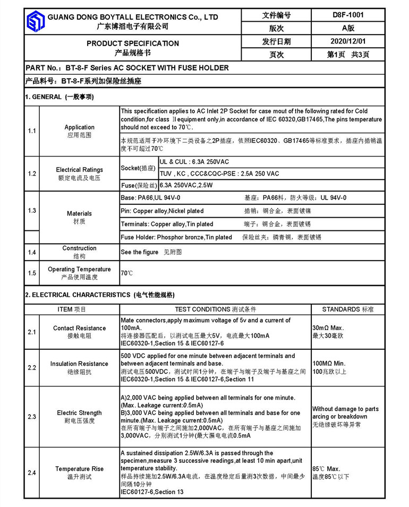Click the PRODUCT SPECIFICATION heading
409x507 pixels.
pos(133,43)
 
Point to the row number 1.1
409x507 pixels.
pos(32,131)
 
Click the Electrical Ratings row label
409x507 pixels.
pos(79,170)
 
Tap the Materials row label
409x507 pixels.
pos(79,213)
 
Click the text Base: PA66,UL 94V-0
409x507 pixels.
pos(151,197)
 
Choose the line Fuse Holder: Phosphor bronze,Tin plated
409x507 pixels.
pos(176,237)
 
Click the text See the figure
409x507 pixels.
pos(139,252)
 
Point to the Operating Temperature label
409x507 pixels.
pos(79,269)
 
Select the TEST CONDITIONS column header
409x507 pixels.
pos(215,309)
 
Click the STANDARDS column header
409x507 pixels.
pos(348,309)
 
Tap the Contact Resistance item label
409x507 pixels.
pos(79,328)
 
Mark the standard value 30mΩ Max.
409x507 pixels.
pos(329,328)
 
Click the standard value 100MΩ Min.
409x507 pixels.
pos(329,364)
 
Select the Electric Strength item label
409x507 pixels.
pos(79,413)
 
